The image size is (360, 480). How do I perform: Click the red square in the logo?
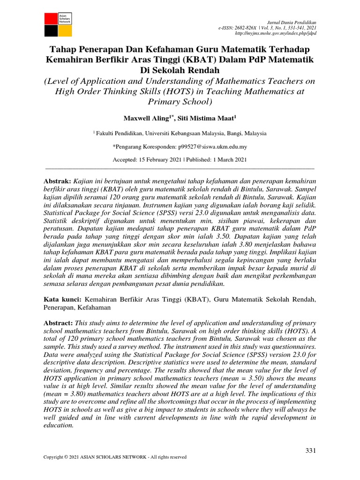(x=51, y=19)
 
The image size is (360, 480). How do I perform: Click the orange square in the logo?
(x=65, y=30)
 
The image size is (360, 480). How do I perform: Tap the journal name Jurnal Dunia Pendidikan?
(x=291, y=22)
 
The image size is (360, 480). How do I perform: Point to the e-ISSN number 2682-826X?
(x=247, y=28)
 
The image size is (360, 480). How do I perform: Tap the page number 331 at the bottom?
(x=311, y=450)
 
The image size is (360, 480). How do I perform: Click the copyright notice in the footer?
(x=115, y=457)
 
